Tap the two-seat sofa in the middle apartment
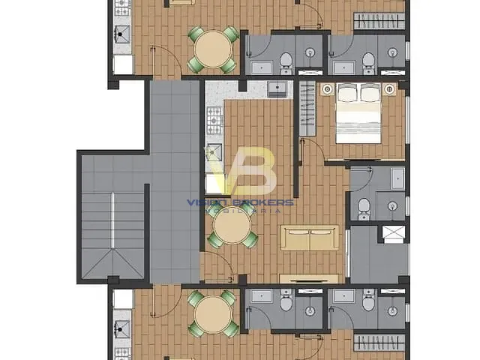pyautogui.click(x=309, y=238)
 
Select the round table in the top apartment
pyautogui.click(x=213, y=49)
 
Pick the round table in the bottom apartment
pyautogui.click(x=213, y=313)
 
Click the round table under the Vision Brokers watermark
pyautogui.click(x=232, y=226)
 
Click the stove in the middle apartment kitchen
pyautogui.click(x=215, y=117)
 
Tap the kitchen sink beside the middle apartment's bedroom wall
pyautogui.click(x=278, y=90)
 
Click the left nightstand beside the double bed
pyautogui.click(x=327, y=90)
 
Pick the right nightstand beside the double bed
pyautogui.click(x=389, y=90)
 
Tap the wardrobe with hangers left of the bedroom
pyautogui.click(x=307, y=108)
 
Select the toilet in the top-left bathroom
pyautogui.click(x=286, y=60)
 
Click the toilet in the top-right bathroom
pyautogui.click(x=368, y=60)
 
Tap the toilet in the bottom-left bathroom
pyautogui.click(x=286, y=302)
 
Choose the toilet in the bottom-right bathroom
pyautogui.click(x=368, y=302)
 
